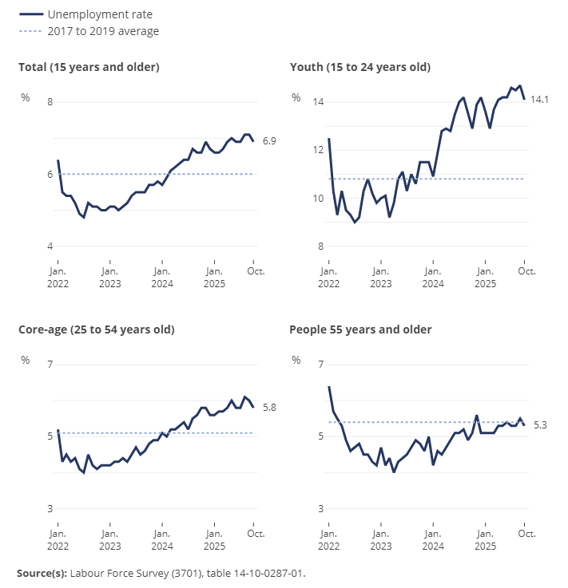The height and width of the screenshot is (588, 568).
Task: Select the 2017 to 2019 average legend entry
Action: point(103,31)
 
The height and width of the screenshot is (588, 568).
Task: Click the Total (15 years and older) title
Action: point(89,67)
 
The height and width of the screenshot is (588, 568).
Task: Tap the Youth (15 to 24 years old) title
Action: point(359,67)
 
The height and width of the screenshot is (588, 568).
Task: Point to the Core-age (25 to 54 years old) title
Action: point(96,329)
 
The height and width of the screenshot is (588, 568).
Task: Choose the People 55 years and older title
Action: point(360,329)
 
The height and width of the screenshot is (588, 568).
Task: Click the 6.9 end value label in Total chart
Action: point(269,141)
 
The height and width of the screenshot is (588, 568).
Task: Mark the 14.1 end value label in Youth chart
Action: point(540,99)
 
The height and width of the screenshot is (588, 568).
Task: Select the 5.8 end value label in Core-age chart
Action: point(269,408)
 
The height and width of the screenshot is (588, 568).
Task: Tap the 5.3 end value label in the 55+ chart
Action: point(540,425)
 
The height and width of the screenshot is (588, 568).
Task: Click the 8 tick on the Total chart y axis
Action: point(50,102)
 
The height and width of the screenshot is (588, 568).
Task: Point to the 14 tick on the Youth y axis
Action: point(318,102)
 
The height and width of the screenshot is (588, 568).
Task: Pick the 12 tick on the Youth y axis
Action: point(318,150)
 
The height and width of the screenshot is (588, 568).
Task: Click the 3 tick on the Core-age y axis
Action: point(50,508)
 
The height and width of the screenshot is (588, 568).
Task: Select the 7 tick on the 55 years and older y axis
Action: point(320,365)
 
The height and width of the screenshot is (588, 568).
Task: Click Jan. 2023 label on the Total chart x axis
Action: point(109,277)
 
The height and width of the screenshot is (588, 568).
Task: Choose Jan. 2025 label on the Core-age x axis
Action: point(213,539)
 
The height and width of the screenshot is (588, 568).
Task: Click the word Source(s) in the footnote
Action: point(42,573)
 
